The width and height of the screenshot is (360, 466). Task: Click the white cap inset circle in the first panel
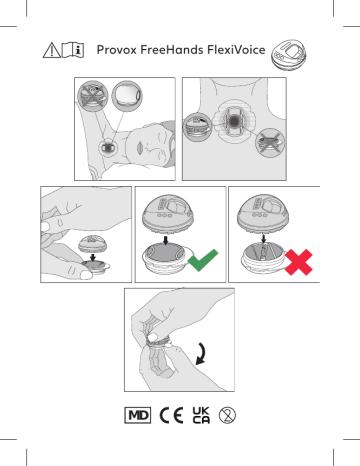pos(127,102)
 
